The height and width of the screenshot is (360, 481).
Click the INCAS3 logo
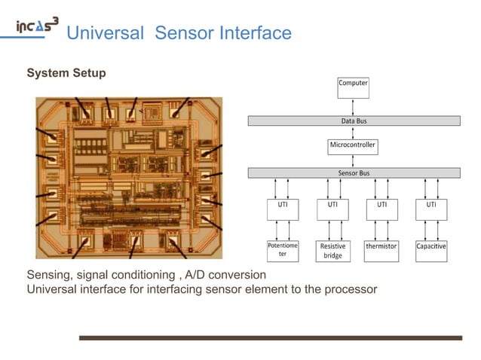[37, 26]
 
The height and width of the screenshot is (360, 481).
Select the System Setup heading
[66, 73]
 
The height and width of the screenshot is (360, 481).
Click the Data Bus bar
[354, 121]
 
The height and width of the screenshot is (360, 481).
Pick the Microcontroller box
[353, 145]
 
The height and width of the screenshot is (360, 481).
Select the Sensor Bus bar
[354, 172]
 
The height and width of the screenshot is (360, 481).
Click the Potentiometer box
[283, 250]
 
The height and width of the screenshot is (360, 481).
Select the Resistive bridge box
[332, 250]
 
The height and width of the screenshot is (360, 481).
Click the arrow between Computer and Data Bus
[353, 107]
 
